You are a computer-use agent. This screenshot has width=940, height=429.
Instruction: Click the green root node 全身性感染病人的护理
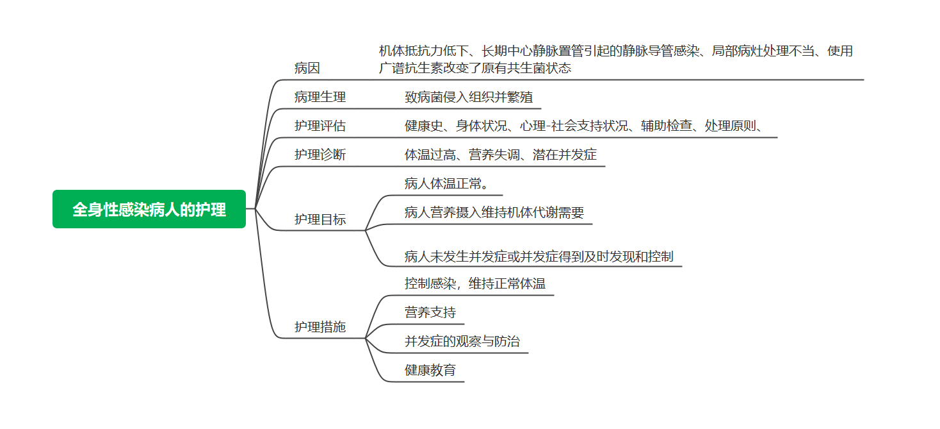[x=149, y=209]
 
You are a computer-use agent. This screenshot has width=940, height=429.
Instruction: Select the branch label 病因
[x=307, y=68]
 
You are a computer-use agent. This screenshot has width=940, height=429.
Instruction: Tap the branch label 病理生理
[x=320, y=97]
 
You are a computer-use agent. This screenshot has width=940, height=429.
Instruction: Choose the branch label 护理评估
[x=320, y=126]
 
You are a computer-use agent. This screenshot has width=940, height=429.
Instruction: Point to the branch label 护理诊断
[x=320, y=155]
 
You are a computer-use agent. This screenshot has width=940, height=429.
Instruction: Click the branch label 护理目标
[x=320, y=219]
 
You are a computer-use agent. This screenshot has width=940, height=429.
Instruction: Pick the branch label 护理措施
[x=320, y=327]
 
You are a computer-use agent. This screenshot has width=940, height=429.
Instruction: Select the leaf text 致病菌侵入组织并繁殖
[x=469, y=97]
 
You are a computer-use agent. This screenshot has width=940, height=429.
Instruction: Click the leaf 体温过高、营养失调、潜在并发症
[x=501, y=155]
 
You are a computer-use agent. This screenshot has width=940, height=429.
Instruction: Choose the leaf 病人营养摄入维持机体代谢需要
[x=494, y=213]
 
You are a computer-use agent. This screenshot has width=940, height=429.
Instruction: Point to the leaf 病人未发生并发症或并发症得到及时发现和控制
[x=539, y=257]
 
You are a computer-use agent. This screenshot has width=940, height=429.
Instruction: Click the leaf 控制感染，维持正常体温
[x=475, y=283]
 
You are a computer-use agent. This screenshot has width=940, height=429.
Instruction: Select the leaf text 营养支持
[x=430, y=313]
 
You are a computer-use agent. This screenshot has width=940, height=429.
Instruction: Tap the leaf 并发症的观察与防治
[x=462, y=342]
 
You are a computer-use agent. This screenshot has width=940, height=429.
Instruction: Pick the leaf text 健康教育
[x=430, y=371]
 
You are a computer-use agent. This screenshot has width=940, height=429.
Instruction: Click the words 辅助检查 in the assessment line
[x=667, y=126]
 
